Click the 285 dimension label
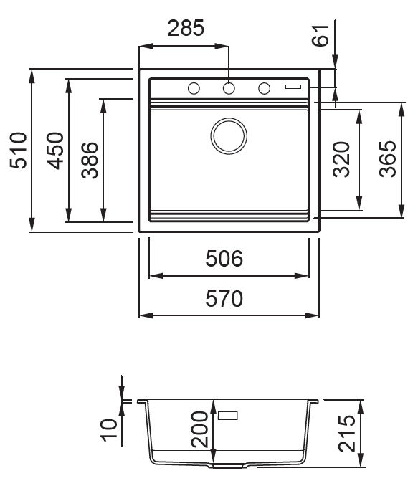(x=186, y=28)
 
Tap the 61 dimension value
(x=321, y=35)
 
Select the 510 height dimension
(x=18, y=151)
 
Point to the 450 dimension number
(x=54, y=151)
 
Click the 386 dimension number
(x=90, y=161)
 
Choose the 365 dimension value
(x=388, y=159)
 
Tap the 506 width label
(x=224, y=258)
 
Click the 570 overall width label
(x=224, y=298)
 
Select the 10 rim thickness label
(x=109, y=430)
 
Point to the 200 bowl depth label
(x=199, y=429)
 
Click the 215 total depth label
(x=346, y=434)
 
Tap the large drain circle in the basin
(x=229, y=136)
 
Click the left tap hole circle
(x=194, y=89)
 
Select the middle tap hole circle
(x=229, y=89)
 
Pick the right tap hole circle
(x=264, y=89)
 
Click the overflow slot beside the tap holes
(x=293, y=87)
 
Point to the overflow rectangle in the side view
(x=228, y=416)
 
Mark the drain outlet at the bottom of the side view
(x=228, y=466)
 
